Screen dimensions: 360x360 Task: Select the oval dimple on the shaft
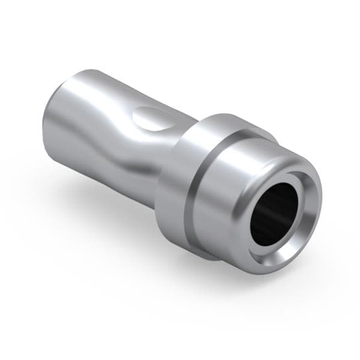153,118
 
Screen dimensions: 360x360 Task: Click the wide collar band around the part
180,186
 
